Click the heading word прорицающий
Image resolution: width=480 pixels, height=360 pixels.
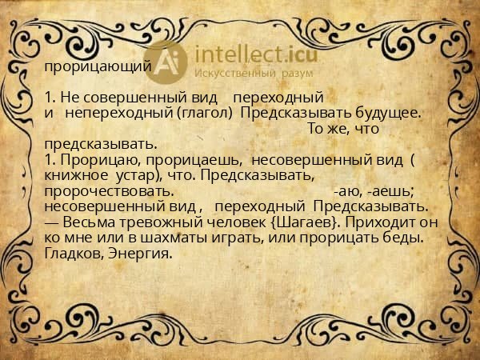pos(95,67)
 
